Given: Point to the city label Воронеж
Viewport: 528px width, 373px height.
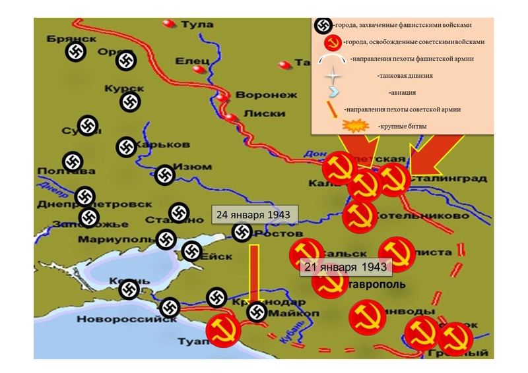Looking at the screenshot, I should (x=259, y=94).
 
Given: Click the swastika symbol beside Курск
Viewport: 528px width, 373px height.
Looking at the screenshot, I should (x=130, y=101).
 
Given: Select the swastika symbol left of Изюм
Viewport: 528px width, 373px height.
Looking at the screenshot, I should (x=164, y=175).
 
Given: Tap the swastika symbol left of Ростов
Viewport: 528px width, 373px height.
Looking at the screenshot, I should (x=242, y=231).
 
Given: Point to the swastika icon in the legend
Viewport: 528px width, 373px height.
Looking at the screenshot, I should (x=323, y=25).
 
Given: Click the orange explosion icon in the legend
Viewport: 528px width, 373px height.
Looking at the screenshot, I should (x=355, y=126).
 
